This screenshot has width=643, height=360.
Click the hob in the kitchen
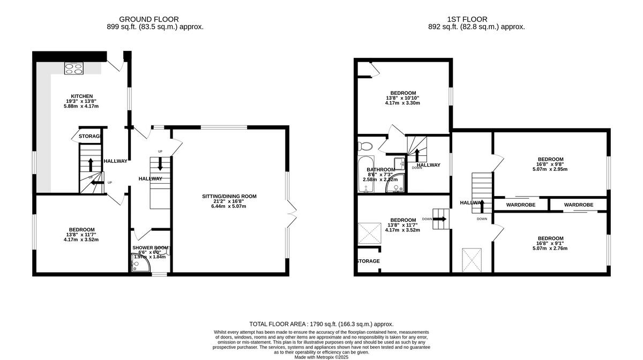click(74, 68)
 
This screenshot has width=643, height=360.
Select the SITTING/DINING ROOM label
click(229, 197)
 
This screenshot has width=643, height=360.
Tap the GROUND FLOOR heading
click(149, 19)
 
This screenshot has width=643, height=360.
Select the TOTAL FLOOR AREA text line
click(322, 324)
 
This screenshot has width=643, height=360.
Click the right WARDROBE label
click(578, 205)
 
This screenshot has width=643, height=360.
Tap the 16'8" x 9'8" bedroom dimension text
click(550, 164)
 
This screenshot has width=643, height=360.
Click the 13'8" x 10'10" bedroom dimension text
click(402, 98)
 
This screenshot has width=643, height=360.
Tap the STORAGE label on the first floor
click(368, 261)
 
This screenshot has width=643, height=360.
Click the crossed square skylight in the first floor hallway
click(472, 260)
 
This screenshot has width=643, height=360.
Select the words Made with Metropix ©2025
click(322, 357)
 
